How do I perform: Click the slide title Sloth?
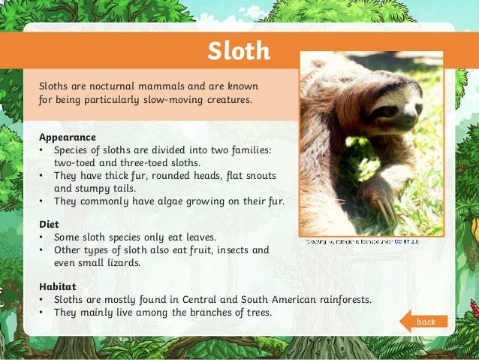click(x=239, y=51)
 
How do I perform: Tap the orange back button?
click(x=426, y=322)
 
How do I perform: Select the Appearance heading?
click(x=68, y=138)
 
